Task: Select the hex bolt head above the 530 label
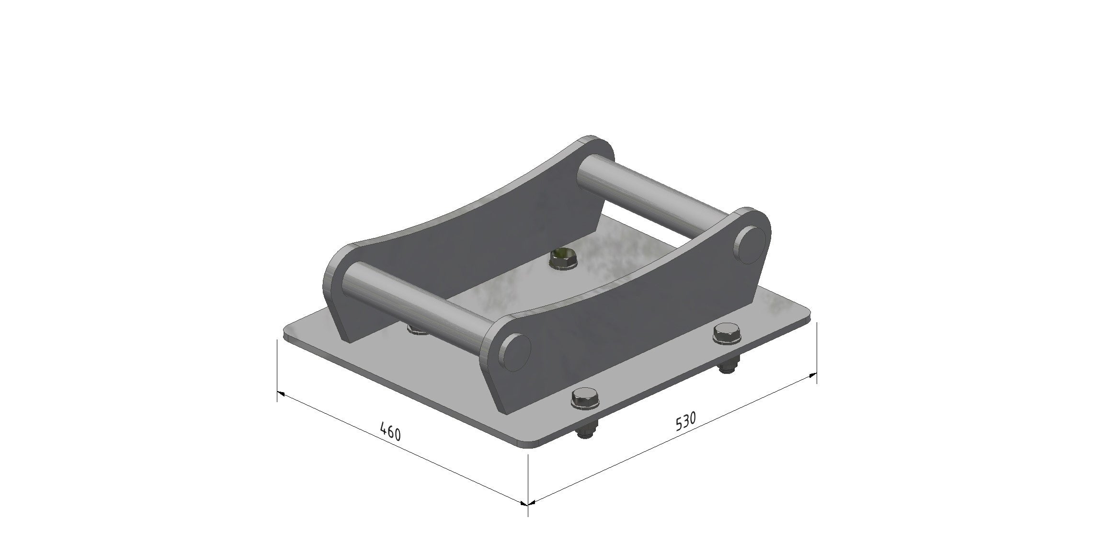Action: (x=727, y=333)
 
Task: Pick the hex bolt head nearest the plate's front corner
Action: (x=585, y=398)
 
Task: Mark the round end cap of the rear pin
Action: (x=750, y=245)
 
